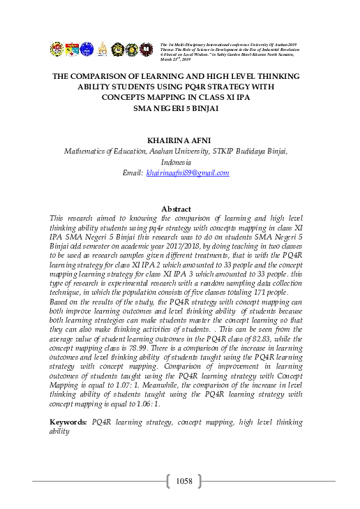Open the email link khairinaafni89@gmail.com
[187, 172]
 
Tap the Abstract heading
[176, 209]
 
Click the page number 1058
[183, 480]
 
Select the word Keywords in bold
[68, 422]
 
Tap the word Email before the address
[132, 172]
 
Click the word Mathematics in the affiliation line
[86, 150]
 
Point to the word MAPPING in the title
[160, 98]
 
